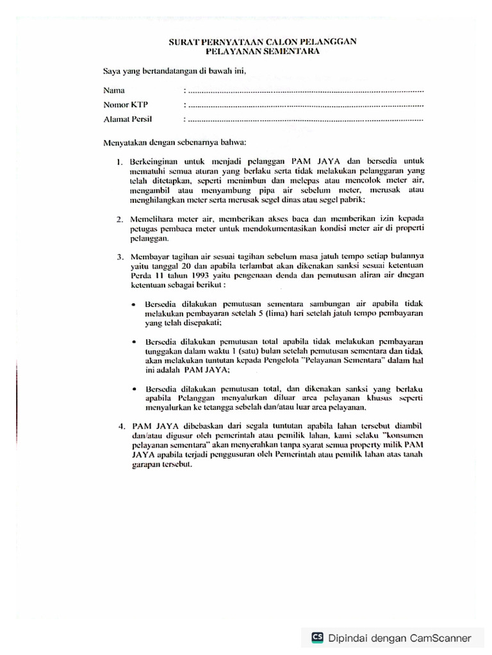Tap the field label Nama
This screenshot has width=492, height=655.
click(x=114, y=89)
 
